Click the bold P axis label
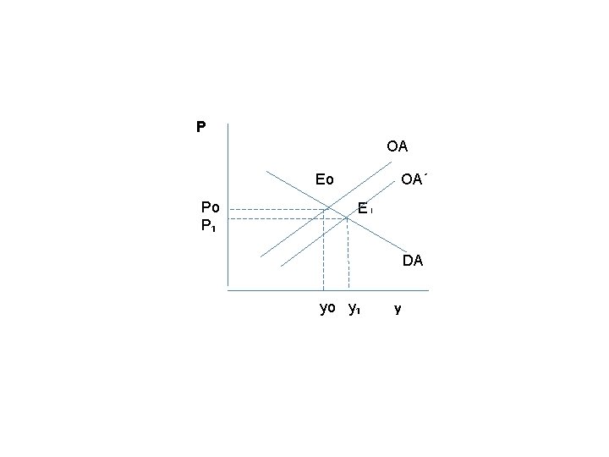[x=200, y=127]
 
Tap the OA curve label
[x=397, y=146]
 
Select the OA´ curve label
[x=414, y=179]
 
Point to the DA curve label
[x=413, y=261]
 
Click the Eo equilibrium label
[x=324, y=179]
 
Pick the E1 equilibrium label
[x=365, y=209]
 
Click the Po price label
[x=210, y=207]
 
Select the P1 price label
[x=208, y=225]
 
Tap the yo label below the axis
[x=327, y=308]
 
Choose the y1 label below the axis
[x=354, y=309]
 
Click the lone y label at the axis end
[x=398, y=309]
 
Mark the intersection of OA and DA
[x=328, y=208]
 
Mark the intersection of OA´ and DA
[x=347, y=218]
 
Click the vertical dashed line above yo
[x=323, y=250]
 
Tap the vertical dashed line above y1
[x=348, y=255]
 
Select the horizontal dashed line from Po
[x=277, y=210]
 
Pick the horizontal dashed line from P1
[x=288, y=219]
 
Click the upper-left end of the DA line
[x=266, y=171]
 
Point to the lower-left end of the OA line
[x=261, y=257]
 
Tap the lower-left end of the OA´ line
[x=281, y=267]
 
